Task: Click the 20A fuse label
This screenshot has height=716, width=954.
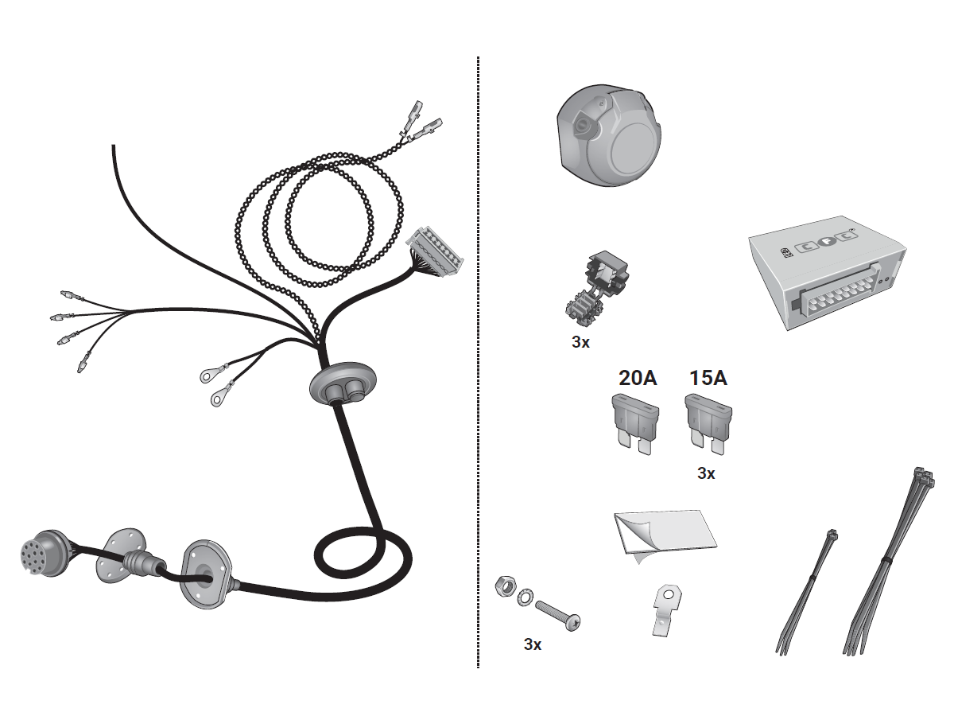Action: click(x=638, y=378)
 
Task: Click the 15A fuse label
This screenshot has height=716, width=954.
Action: click(x=708, y=378)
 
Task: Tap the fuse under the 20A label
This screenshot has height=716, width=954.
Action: click(x=635, y=423)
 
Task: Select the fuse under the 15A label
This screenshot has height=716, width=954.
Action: click(x=708, y=423)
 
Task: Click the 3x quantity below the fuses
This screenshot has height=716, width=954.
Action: click(x=706, y=473)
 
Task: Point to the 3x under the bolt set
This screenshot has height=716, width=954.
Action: click(x=533, y=644)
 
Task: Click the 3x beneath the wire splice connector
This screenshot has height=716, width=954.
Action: click(x=580, y=342)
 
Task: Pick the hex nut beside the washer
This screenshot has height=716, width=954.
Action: click(x=505, y=587)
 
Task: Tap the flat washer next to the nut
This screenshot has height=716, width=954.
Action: click(x=525, y=598)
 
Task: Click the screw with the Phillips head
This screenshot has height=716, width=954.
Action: click(x=558, y=616)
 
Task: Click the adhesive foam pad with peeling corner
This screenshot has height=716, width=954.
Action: click(x=665, y=535)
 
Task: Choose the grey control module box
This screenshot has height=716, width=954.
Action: click(x=827, y=272)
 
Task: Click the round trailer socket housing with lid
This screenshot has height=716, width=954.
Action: click(x=609, y=135)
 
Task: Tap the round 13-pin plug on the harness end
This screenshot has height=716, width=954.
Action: click(x=43, y=554)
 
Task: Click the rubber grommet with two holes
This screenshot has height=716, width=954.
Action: click(x=343, y=385)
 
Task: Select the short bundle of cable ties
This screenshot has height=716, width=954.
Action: click(x=806, y=593)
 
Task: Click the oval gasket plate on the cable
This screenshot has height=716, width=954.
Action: click(x=206, y=574)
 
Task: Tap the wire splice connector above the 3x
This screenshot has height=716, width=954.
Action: click(x=596, y=287)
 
